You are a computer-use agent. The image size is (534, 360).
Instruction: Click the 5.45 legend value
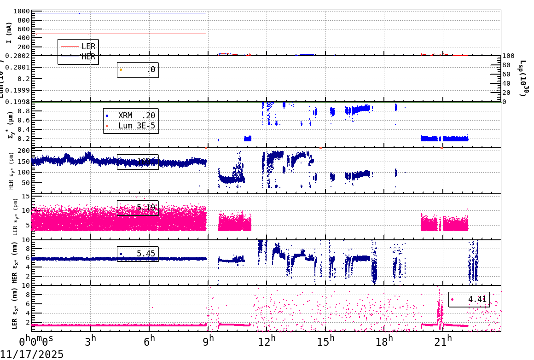tap(147, 254)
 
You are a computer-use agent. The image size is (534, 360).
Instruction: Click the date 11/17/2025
tap(32, 354)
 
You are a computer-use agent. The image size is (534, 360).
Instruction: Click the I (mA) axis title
tap(9, 33)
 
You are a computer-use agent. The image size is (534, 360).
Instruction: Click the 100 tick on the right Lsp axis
tap(508, 56)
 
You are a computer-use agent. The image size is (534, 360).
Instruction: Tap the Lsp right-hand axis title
tap(523, 78)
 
